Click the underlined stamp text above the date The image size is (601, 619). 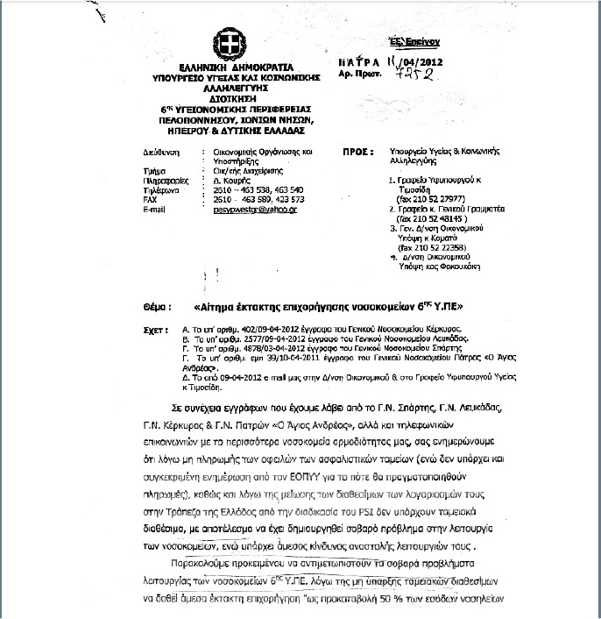click(x=414, y=41)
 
